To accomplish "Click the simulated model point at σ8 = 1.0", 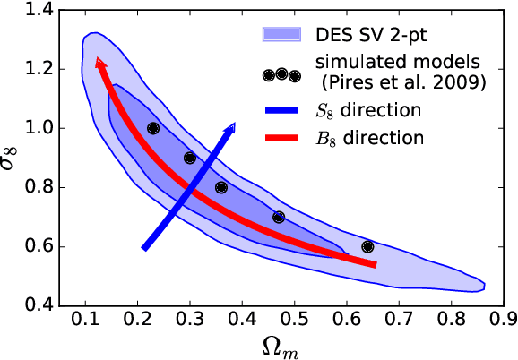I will [x=153, y=128].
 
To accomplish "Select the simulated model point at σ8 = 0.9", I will [x=189, y=158].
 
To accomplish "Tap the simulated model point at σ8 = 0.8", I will [x=221, y=187].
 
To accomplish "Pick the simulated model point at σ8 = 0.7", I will [x=279, y=217].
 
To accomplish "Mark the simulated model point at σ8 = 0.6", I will [x=367, y=246].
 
